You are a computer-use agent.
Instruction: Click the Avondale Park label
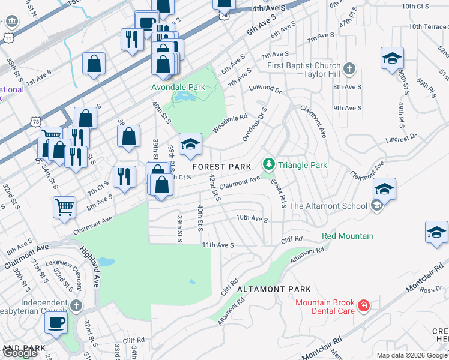click(178, 87)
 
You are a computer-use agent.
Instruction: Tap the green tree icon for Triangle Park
click(268, 164)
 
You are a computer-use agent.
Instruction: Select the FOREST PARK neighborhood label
click(217, 166)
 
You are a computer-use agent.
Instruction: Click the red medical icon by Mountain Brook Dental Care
click(363, 307)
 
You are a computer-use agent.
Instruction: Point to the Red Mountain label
click(348, 236)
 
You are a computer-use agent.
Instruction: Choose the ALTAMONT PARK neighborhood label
click(265, 289)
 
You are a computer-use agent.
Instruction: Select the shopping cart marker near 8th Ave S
click(64, 207)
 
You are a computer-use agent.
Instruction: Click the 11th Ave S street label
click(217, 245)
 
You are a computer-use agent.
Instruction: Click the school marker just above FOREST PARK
click(190, 144)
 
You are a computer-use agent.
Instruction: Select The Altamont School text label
click(328, 206)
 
